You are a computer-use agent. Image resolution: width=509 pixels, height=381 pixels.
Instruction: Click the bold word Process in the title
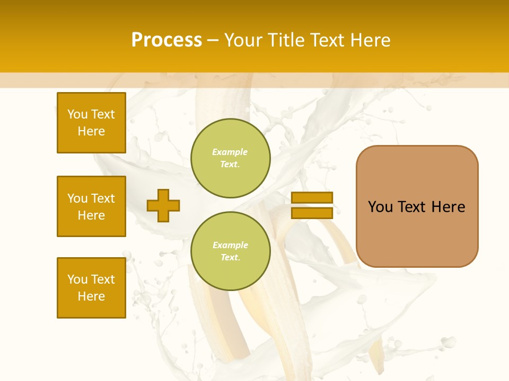166,40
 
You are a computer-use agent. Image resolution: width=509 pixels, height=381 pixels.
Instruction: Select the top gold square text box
91,123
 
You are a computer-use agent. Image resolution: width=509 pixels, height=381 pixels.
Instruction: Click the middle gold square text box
91,206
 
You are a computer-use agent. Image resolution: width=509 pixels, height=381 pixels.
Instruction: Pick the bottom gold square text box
91,288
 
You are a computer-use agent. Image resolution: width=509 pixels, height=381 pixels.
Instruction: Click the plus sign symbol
163,205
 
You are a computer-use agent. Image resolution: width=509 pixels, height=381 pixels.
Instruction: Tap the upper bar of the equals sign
312,198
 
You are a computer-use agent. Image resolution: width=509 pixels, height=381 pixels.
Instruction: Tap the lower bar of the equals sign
312,213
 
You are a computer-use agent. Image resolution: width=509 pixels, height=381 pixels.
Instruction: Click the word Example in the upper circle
230,152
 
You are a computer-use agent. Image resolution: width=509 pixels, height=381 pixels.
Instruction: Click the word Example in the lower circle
230,245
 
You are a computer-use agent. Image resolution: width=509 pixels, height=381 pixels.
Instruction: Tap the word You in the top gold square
77,114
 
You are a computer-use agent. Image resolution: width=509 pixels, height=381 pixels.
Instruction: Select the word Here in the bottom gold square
91,296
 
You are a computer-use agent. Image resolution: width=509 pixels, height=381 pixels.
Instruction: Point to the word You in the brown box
380,207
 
